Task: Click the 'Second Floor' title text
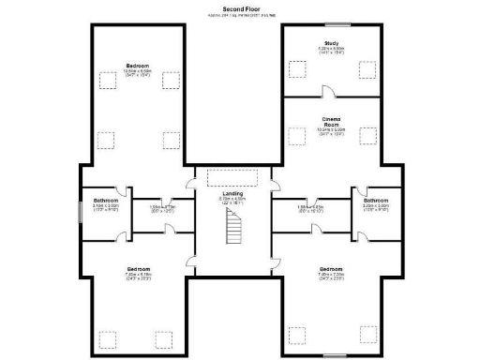[239, 8]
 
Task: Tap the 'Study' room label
[332, 42]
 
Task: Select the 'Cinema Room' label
[332, 122]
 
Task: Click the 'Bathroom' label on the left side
[106, 201]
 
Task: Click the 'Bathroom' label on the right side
[377, 200]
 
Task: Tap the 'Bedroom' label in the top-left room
[138, 65]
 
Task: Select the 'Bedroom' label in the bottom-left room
[138, 269]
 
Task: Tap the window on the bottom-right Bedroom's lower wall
[332, 355]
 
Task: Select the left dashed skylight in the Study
[298, 68]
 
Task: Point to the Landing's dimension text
[232, 201]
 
